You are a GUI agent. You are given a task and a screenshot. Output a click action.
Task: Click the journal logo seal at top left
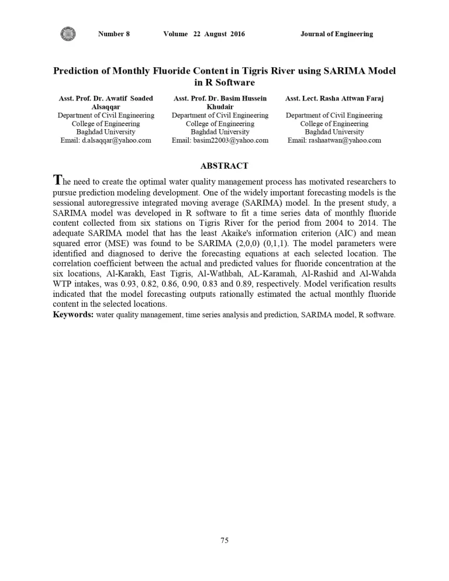68,34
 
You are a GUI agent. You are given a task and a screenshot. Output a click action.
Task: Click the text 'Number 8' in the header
114,34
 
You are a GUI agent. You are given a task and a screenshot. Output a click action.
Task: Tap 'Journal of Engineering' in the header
336,34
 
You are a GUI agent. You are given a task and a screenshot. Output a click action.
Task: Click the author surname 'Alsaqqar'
106,108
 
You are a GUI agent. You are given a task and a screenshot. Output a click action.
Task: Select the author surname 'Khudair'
220,108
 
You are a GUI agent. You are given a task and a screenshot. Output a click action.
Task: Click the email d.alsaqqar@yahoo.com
106,140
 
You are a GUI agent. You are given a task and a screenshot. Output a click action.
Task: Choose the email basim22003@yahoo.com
220,140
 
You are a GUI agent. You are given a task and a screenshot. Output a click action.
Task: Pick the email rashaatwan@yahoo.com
334,140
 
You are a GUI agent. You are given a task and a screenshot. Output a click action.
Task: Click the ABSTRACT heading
224,166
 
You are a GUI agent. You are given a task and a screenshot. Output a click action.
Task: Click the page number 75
224,541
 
